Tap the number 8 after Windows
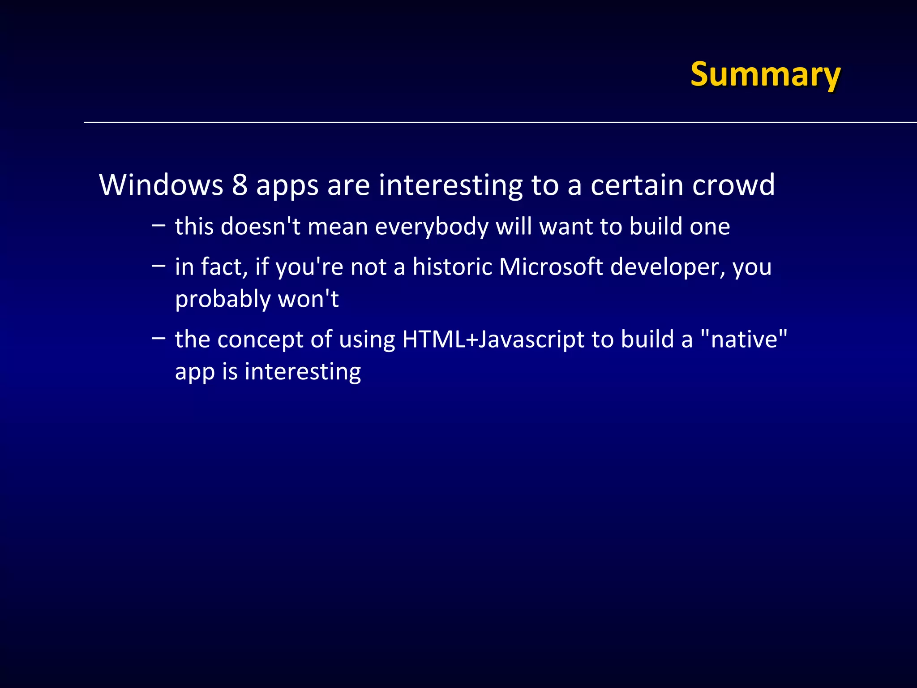240,185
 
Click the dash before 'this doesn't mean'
158,225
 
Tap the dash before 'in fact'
158,266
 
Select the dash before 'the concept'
158,338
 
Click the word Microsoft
551,267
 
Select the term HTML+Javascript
493,340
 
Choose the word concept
260,340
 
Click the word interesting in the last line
303,372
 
